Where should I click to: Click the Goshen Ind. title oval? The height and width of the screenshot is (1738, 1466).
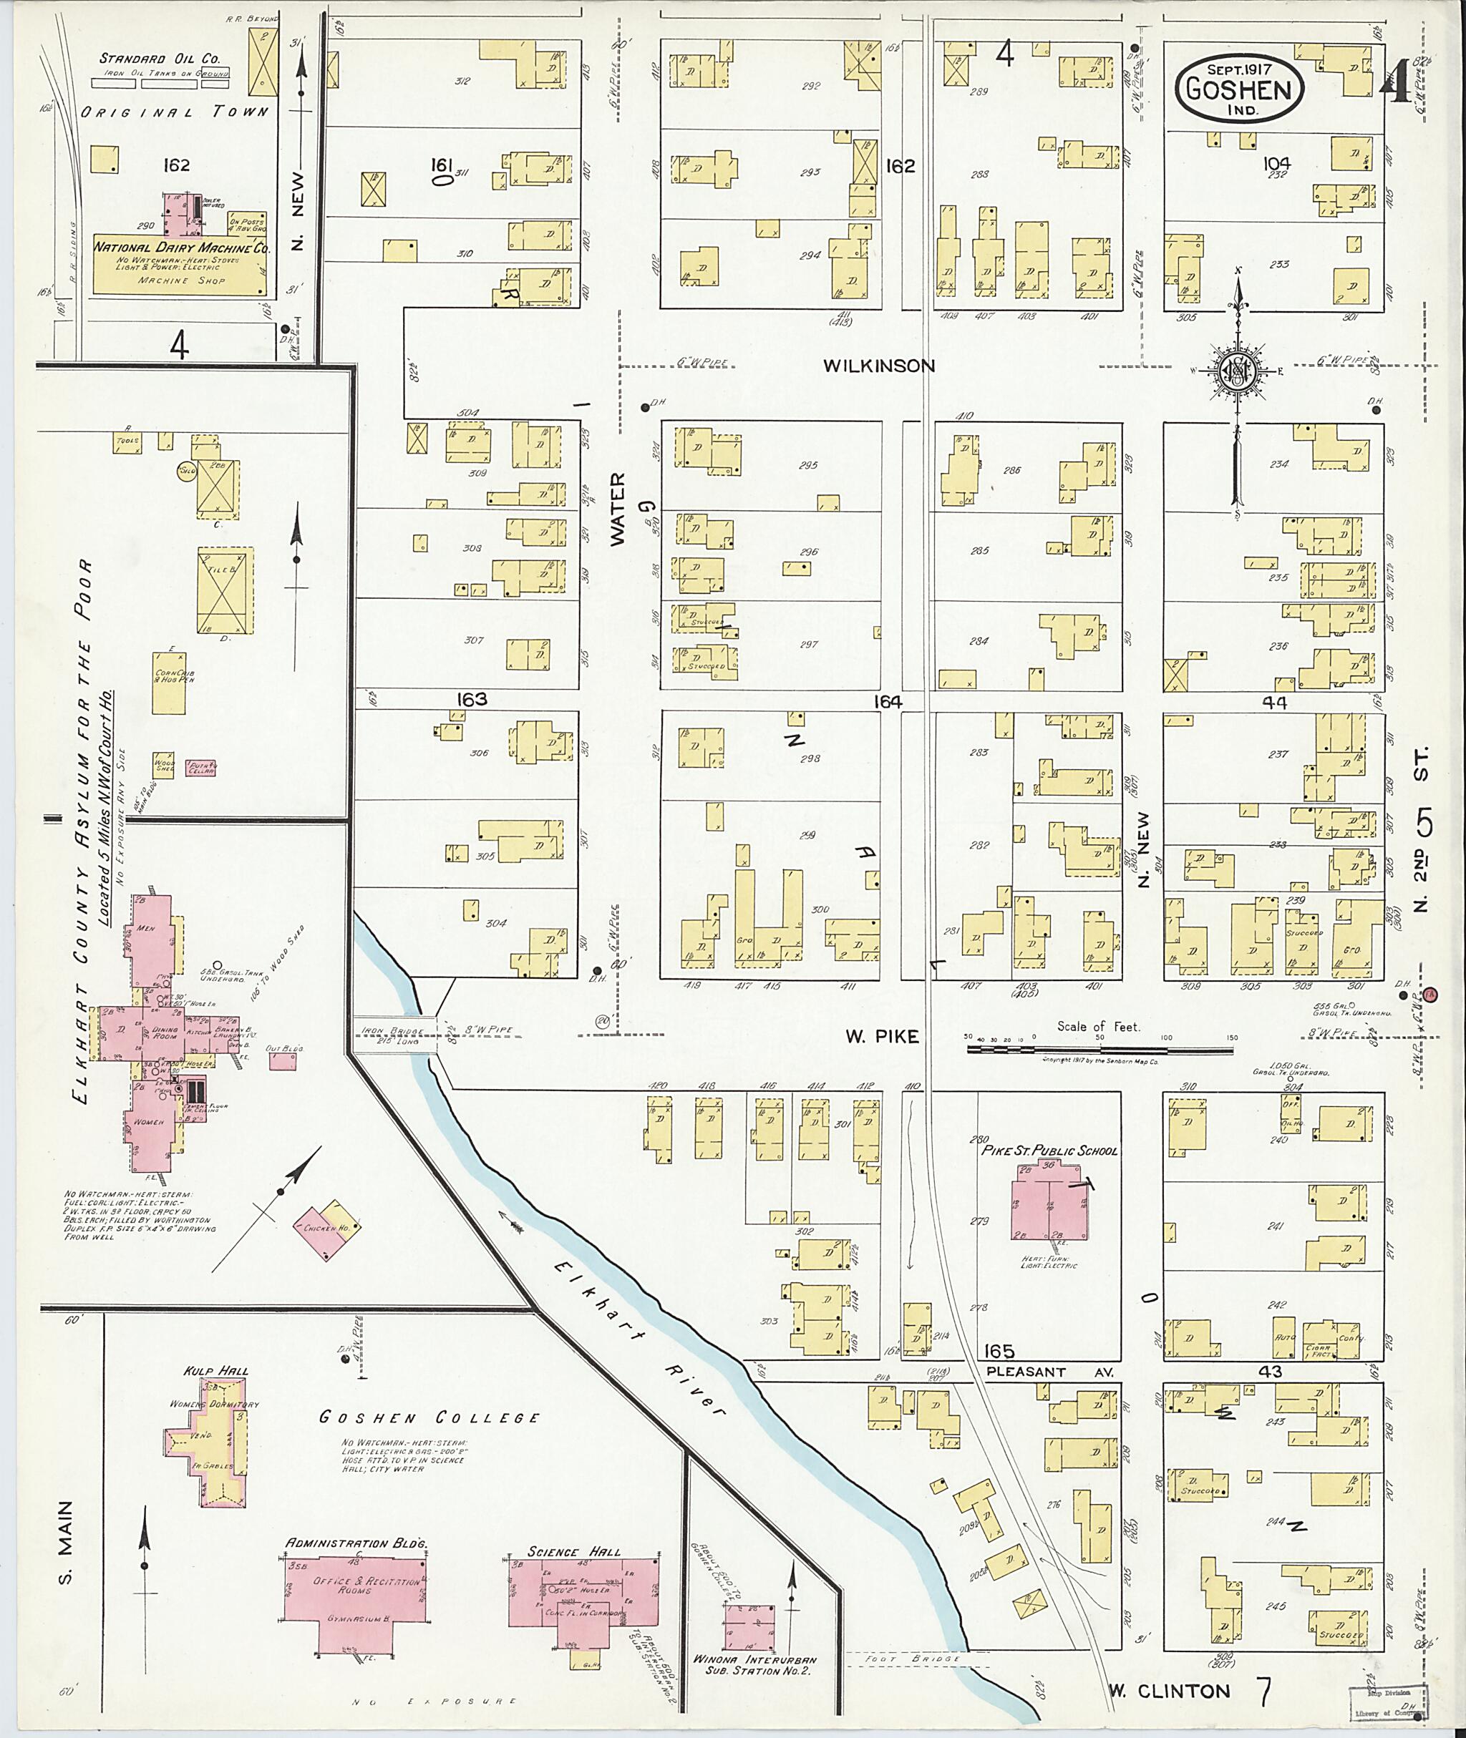click(x=1238, y=89)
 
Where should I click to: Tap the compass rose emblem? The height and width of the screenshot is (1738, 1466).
click(x=1237, y=372)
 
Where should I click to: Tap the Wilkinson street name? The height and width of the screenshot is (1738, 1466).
click(x=879, y=366)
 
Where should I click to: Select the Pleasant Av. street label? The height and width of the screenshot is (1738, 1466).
click(x=1049, y=1372)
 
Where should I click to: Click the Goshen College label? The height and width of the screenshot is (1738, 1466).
click(x=429, y=1417)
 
